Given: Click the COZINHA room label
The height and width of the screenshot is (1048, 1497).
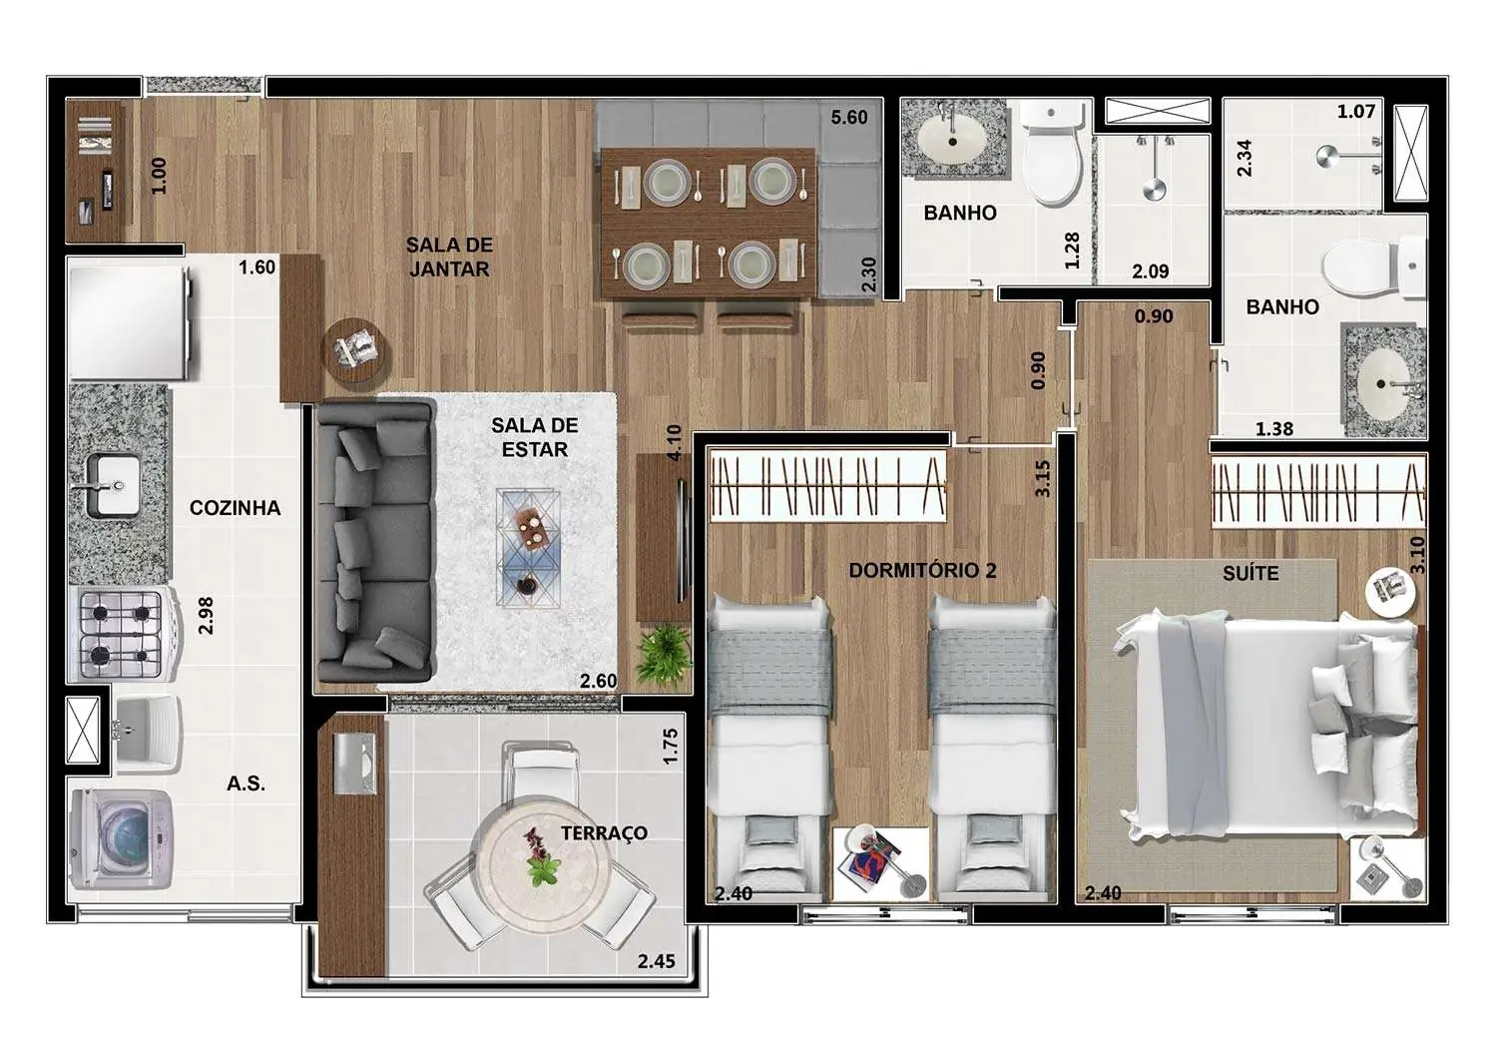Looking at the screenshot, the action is (235, 508).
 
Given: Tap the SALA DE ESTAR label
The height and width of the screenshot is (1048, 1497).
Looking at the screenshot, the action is (534, 437).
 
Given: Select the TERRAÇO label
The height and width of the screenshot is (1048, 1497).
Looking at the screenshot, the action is (604, 832).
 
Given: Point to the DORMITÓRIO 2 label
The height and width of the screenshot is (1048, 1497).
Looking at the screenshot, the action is (922, 570).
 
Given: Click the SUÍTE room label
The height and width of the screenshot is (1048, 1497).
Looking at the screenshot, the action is (1250, 573).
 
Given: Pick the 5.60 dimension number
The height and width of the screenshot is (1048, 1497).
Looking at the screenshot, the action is (848, 117).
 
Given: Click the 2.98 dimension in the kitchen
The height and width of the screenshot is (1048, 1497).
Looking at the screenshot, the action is (206, 615).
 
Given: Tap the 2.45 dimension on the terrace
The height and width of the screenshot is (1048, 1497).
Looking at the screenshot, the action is (656, 961).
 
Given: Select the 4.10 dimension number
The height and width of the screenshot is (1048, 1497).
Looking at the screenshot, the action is (674, 442).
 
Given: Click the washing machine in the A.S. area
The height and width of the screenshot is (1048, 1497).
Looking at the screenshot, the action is (121, 839).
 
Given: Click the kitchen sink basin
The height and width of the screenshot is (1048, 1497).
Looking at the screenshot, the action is (115, 485).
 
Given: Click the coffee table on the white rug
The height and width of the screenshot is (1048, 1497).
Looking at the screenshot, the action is (528, 547).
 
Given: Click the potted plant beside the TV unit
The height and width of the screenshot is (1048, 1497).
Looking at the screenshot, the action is (664, 653).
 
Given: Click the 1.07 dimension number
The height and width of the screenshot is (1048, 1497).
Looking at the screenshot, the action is (1355, 111).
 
